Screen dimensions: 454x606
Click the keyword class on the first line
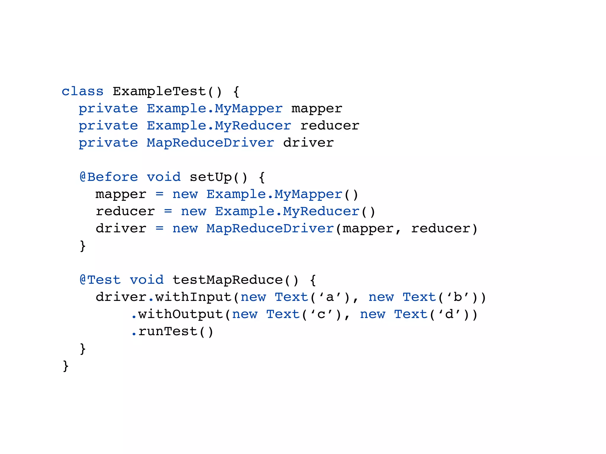pyautogui.click(x=82, y=91)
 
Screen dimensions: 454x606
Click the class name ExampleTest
pyautogui.click(x=159, y=91)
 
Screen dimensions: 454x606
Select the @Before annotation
pyautogui.click(x=109, y=177)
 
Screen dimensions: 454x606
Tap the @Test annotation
pyautogui.click(x=100, y=280)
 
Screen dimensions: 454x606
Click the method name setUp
pyautogui.click(x=211, y=177)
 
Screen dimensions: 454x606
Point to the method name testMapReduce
pyautogui.click(x=227, y=280)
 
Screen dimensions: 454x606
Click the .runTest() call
pyautogui.click(x=172, y=331)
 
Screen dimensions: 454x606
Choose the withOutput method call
pyautogui.click(x=180, y=314)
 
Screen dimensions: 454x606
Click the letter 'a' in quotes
pyautogui.click(x=330, y=297)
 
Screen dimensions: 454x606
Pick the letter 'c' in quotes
pyautogui.click(x=321, y=314)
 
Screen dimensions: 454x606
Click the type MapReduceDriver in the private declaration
pyautogui.click(x=210, y=143)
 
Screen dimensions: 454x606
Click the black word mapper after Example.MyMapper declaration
pyautogui.click(x=317, y=108)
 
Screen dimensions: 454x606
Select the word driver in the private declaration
pyautogui.click(x=308, y=143)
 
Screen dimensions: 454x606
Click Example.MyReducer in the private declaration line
pyautogui.click(x=219, y=126)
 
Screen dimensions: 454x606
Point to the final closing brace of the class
pyautogui.click(x=66, y=366)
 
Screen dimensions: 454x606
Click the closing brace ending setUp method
pyautogui.click(x=83, y=246)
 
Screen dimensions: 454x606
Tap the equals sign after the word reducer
pyautogui.click(x=168, y=211)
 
